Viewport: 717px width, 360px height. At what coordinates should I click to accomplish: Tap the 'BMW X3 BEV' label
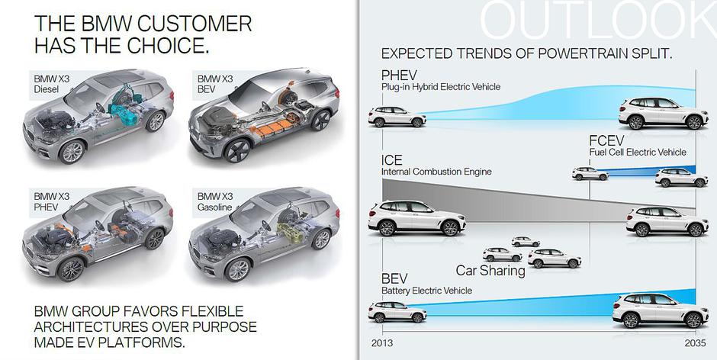[215, 83]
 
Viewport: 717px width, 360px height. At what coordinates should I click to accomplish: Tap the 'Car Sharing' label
[490, 271]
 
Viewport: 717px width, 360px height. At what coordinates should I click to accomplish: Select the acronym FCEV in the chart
[608, 141]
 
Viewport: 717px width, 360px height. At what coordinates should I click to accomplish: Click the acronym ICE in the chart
[392, 161]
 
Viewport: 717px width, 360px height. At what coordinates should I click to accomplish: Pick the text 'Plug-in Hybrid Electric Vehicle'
[441, 87]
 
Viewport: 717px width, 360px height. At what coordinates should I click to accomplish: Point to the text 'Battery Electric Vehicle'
[426, 291]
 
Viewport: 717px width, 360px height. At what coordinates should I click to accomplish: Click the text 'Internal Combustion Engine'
[436, 172]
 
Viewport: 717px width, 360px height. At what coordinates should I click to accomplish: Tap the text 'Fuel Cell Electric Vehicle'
[637, 153]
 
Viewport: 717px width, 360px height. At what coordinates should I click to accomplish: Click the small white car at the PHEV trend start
[397, 117]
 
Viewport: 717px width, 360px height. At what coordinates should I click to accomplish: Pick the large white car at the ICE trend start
[416, 218]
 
